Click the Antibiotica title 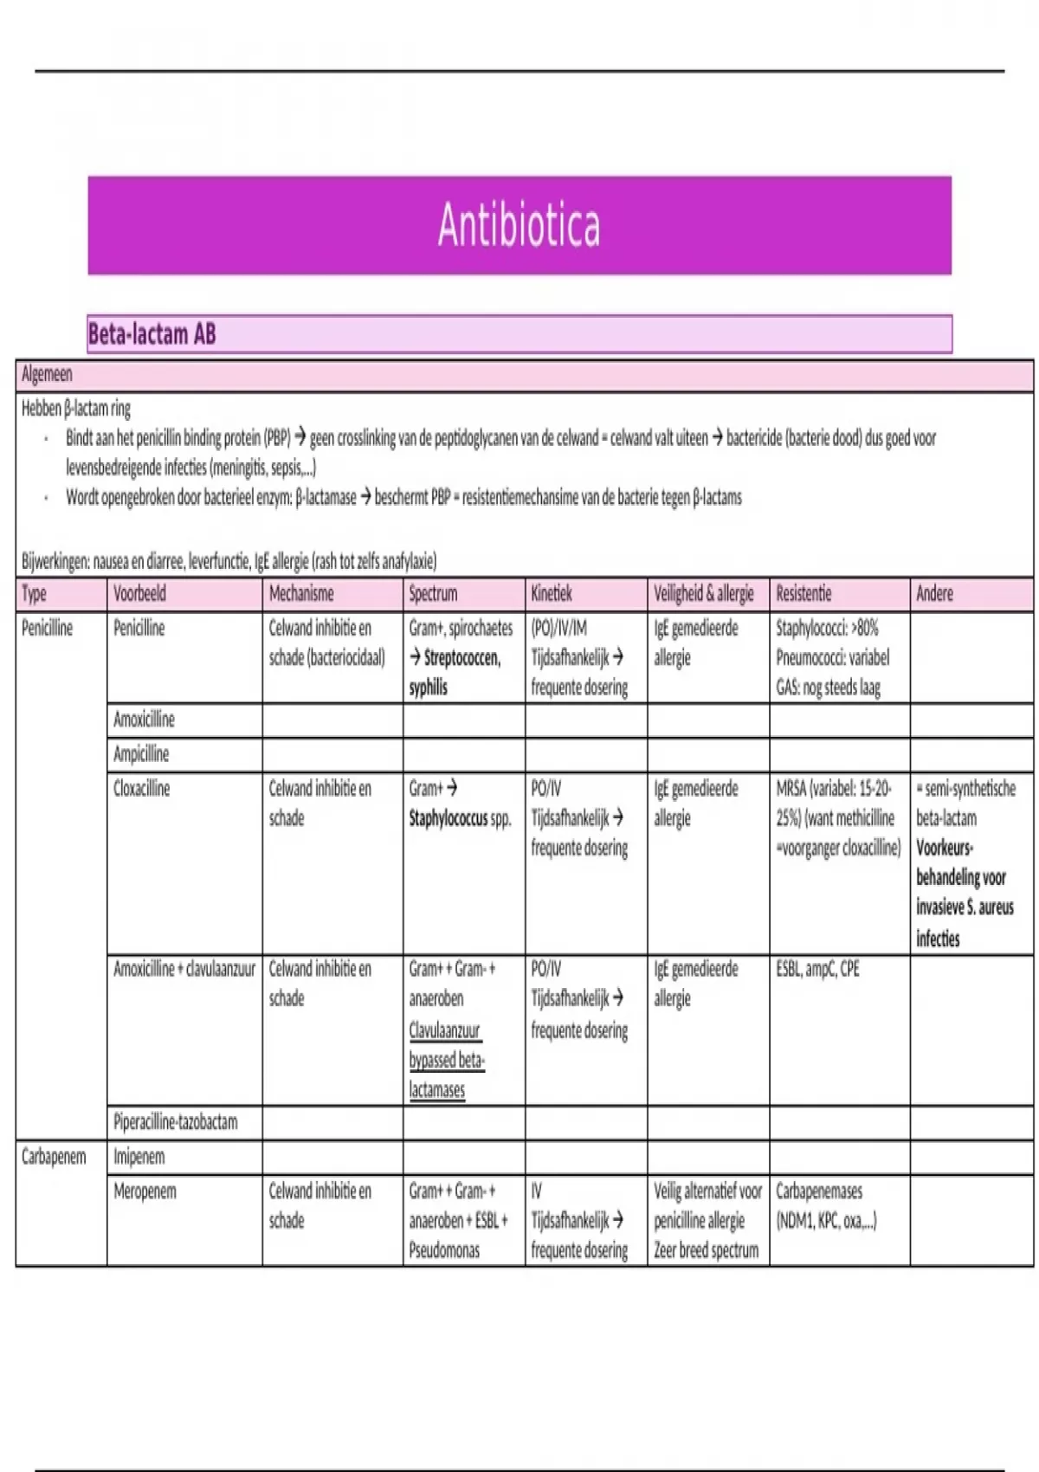[519, 225]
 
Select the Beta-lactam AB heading [152, 334]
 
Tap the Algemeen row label [47, 375]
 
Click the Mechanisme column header [301, 594]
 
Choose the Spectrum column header [432, 594]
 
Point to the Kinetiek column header [552, 594]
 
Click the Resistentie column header [803, 594]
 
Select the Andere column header [934, 594]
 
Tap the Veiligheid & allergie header [703, 594]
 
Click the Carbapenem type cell [54, 1157]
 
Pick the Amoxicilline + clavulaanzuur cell [184, 969]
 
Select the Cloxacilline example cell [142, 789]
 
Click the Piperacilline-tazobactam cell [175, 1122]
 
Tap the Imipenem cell [139, 1157]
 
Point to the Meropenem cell [145, 1191]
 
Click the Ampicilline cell [141, 754]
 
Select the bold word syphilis [429, 688]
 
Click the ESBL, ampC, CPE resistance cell [817, 969]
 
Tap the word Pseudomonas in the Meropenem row [444, 1250]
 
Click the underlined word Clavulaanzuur [444, 1030]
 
